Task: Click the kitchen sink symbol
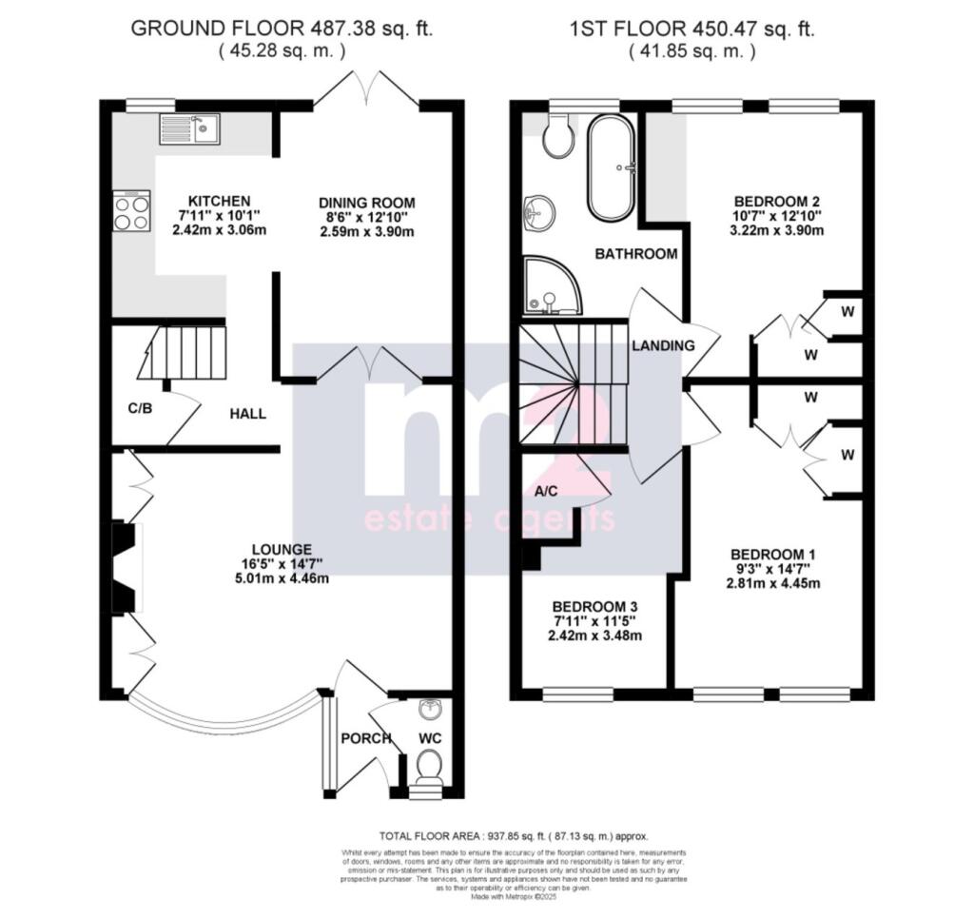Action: [190, 128]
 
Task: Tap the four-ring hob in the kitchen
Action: [131, 210]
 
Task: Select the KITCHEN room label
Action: [219, 201]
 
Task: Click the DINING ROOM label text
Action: [367, 203]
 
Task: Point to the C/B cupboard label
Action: [140, 407]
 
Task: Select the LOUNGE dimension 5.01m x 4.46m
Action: [282, 578]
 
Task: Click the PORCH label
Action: [366, 738]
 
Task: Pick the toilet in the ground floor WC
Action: [430, 766]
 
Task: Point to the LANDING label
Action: [663, 345]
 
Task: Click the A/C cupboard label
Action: [546, 492]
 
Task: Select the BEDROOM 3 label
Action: [595, 607]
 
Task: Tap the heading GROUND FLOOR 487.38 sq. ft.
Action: [281, 29]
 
